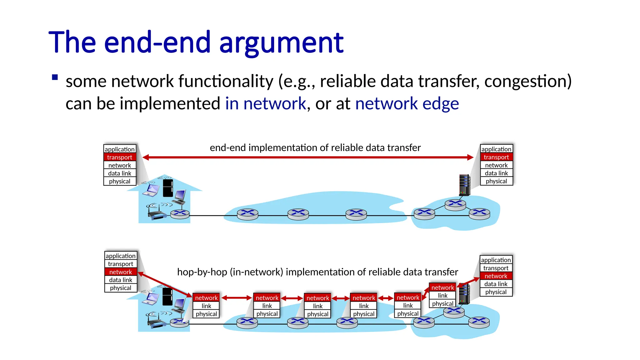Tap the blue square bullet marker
[x=55, y=77]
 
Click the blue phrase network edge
[x=407, y=103]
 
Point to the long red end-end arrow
[x=308, y=157]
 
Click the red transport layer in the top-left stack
[x=120, y=157]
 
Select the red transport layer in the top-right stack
[x=496, y=157]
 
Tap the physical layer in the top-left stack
[x=120, y=181]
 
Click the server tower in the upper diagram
[x=464, y=185]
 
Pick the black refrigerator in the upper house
[x=168, y=188]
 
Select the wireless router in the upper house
[x=156, y=213]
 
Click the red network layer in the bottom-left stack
[x=121, y=272]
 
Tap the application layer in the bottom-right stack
[x=496, y=260]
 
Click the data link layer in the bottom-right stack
[x=496, y=284]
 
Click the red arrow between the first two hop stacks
[x=237, y=298]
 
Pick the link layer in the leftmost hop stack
[x=206, y=306]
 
